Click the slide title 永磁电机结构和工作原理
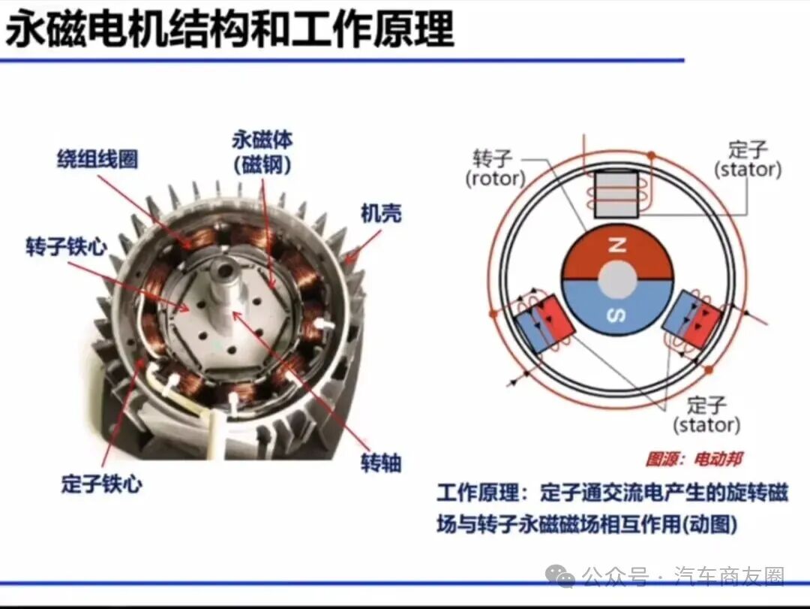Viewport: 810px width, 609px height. click(230, 29)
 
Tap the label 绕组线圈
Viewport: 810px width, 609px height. click(97, 159)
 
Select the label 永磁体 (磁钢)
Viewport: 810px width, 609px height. click(262, 152)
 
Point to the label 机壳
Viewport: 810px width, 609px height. click(381, 213)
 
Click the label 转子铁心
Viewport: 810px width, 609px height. click(66, 247)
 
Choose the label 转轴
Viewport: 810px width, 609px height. click(381, 463)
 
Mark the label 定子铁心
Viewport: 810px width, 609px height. click(102, 484)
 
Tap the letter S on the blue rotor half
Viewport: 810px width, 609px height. click(616, 315)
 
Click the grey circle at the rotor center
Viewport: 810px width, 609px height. click(617, 280)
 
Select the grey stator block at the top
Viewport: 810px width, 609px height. click(616, 194)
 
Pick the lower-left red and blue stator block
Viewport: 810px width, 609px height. click(544, 324)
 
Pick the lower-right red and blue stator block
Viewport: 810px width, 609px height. click(692, 318)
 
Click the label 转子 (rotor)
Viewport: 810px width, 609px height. click(494, 169)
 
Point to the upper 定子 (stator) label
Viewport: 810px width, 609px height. click(748, 160)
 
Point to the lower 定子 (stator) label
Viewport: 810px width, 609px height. click(706, 415)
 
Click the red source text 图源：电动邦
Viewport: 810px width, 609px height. click(694, 459)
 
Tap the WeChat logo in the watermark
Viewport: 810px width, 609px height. click(560, 575)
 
